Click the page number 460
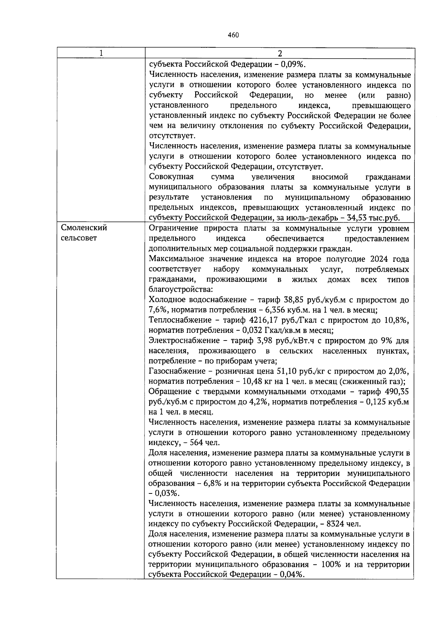coord(233,35)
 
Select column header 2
coord(280,53)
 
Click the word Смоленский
coord(84,228)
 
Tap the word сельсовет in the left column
coord(79,238)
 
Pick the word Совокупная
coord(172,177)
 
